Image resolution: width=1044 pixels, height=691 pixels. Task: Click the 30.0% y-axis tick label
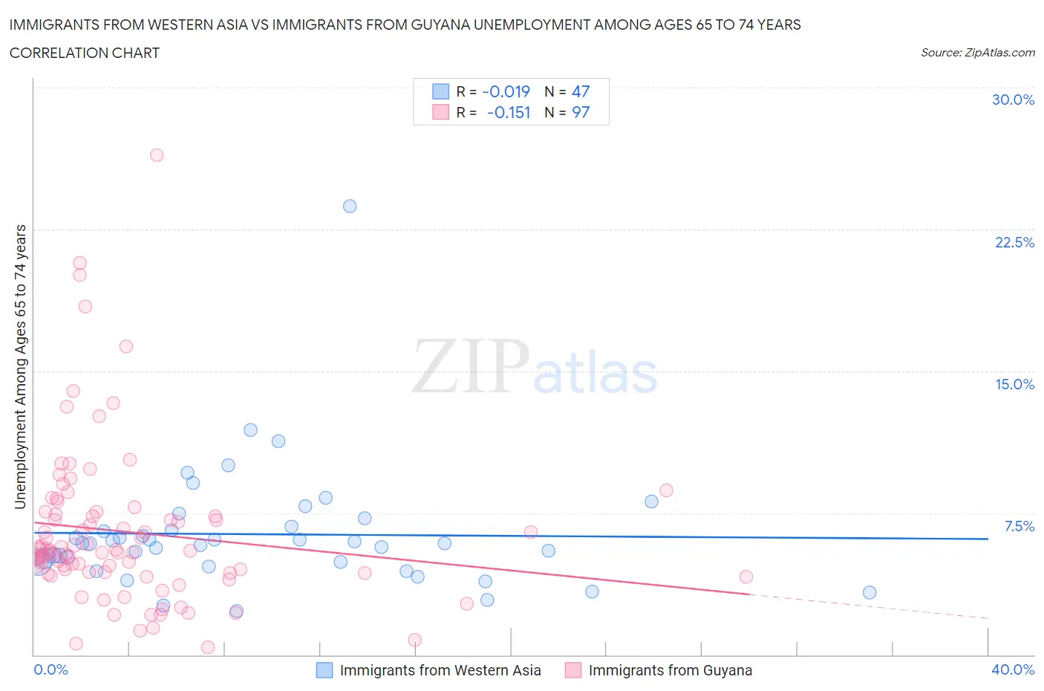point(1013,100)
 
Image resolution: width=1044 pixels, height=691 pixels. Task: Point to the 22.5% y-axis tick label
point(1014,242)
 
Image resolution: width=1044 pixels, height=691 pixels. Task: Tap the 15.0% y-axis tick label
point(1014,384)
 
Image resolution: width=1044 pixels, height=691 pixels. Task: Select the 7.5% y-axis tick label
point(1019,526)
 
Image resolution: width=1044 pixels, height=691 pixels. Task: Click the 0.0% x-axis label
point(50,669)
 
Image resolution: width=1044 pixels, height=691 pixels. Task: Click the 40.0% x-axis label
point(1013,669)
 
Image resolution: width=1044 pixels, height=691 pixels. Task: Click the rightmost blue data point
point(870,592)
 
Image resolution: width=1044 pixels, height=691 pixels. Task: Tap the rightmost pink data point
point(746,577)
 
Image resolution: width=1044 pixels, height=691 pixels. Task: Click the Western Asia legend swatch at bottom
point(324,670)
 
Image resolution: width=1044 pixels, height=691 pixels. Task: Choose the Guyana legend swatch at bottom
point(573,670)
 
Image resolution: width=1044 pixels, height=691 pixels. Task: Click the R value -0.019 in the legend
point(506,91)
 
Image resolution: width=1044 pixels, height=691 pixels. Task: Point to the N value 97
point(581,112)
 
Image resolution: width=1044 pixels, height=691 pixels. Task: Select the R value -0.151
point(509,112)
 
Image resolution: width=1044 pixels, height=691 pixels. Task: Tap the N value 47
point(581,91)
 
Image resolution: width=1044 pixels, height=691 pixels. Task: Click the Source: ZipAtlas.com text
point(977,53)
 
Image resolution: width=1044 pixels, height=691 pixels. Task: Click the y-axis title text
point(20,366)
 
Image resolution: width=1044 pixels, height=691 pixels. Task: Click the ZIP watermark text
point(471,366)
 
